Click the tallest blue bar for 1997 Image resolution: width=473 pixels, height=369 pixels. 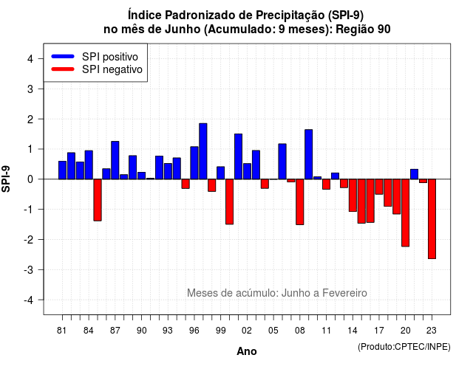203,151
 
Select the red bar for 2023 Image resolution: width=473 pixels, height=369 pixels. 432,219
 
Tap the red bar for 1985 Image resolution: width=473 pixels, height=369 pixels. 98,200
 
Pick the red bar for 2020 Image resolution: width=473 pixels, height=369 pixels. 406,213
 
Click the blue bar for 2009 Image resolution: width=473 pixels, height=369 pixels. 309,154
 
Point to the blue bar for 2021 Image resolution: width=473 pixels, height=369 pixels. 414,174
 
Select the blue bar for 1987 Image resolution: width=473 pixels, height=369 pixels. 115,160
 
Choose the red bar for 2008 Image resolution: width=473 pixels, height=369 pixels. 300,201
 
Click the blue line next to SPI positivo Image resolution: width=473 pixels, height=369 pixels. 63,56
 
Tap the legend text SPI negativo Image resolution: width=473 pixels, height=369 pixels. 112,69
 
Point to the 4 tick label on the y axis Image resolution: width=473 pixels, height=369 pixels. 30,58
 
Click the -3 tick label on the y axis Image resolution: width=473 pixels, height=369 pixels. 28,269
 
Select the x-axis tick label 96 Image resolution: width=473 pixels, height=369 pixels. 194,331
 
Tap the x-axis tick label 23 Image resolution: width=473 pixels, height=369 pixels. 432,331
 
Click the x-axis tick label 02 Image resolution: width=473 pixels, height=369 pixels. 247,331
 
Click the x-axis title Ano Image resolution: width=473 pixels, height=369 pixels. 247,351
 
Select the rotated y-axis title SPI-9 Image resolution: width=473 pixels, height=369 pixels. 6,179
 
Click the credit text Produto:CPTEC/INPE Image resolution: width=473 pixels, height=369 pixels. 404,347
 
